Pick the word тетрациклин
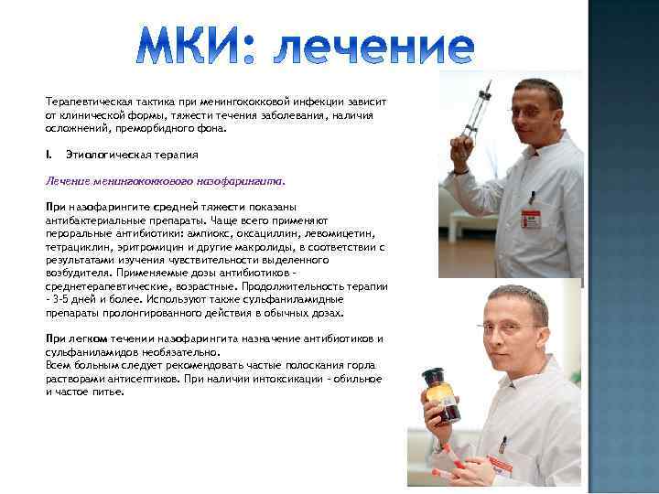(x=74, y=246)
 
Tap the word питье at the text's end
(x=107, y=391)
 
